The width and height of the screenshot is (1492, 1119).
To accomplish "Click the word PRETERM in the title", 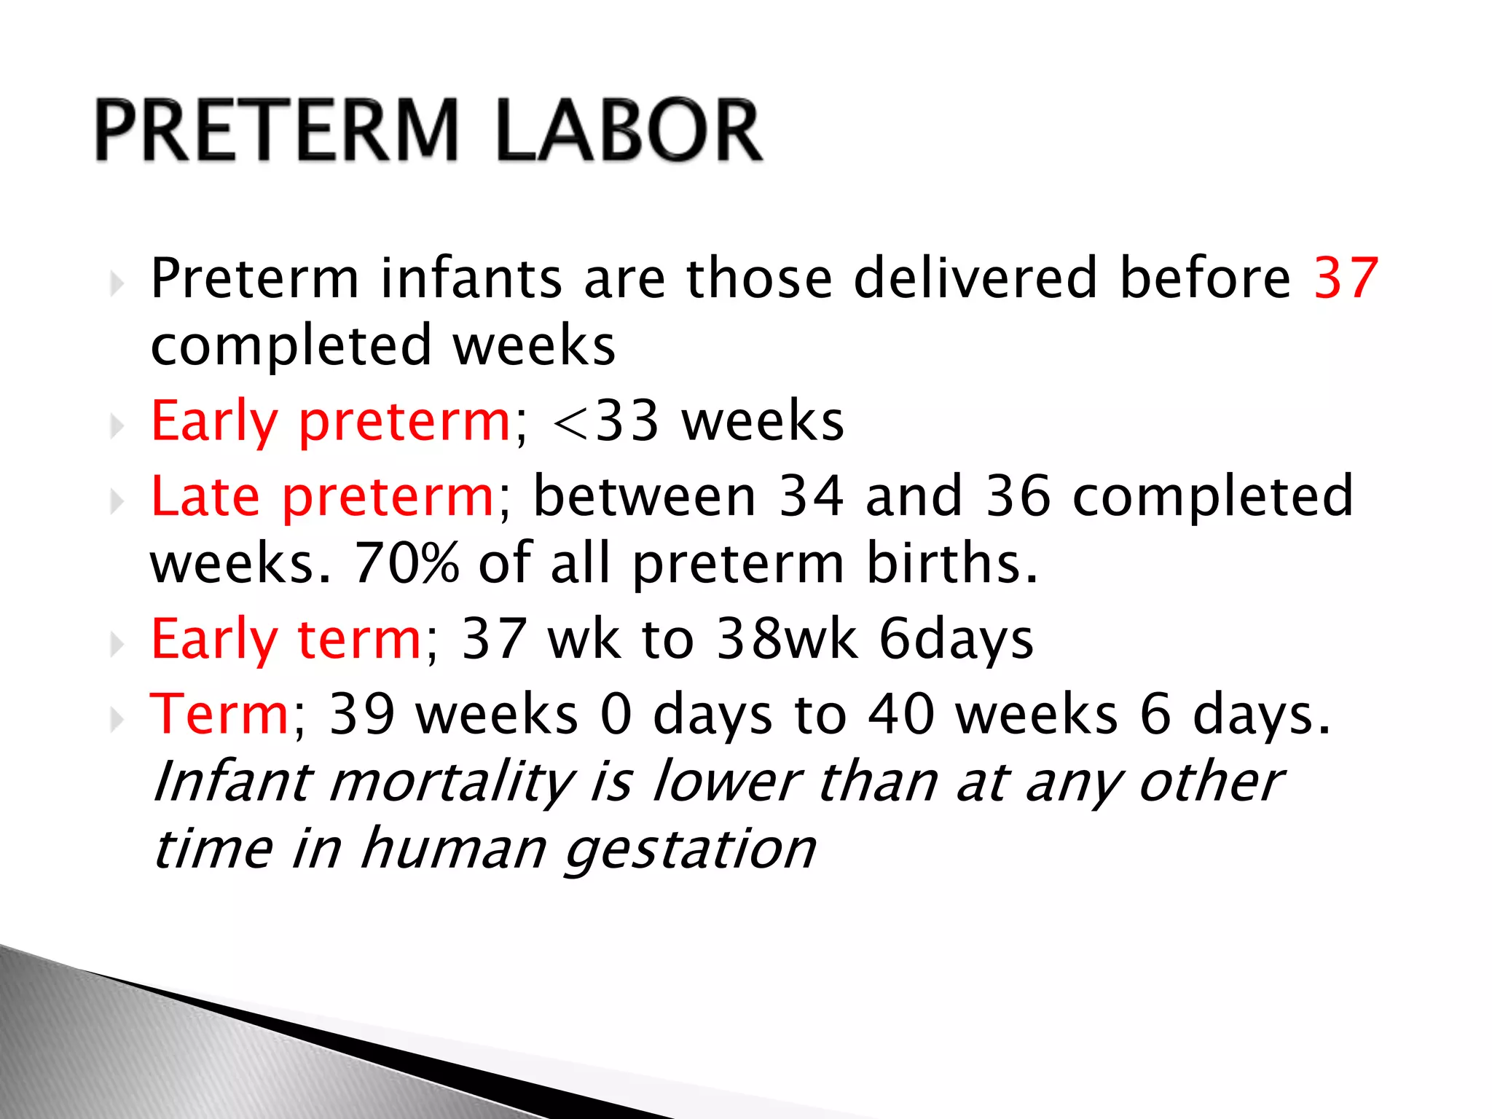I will coord(277,131).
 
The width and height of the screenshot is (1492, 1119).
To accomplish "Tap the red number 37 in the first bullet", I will coord(1346,278).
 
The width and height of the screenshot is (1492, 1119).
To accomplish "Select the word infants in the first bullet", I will coord(472,278).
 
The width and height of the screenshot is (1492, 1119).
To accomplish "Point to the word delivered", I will coord(975,278).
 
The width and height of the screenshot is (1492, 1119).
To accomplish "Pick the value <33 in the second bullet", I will coord(606,423).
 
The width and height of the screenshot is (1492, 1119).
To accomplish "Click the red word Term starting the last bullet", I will coord(219,715).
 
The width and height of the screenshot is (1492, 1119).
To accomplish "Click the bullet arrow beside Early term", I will coord(117,645).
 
